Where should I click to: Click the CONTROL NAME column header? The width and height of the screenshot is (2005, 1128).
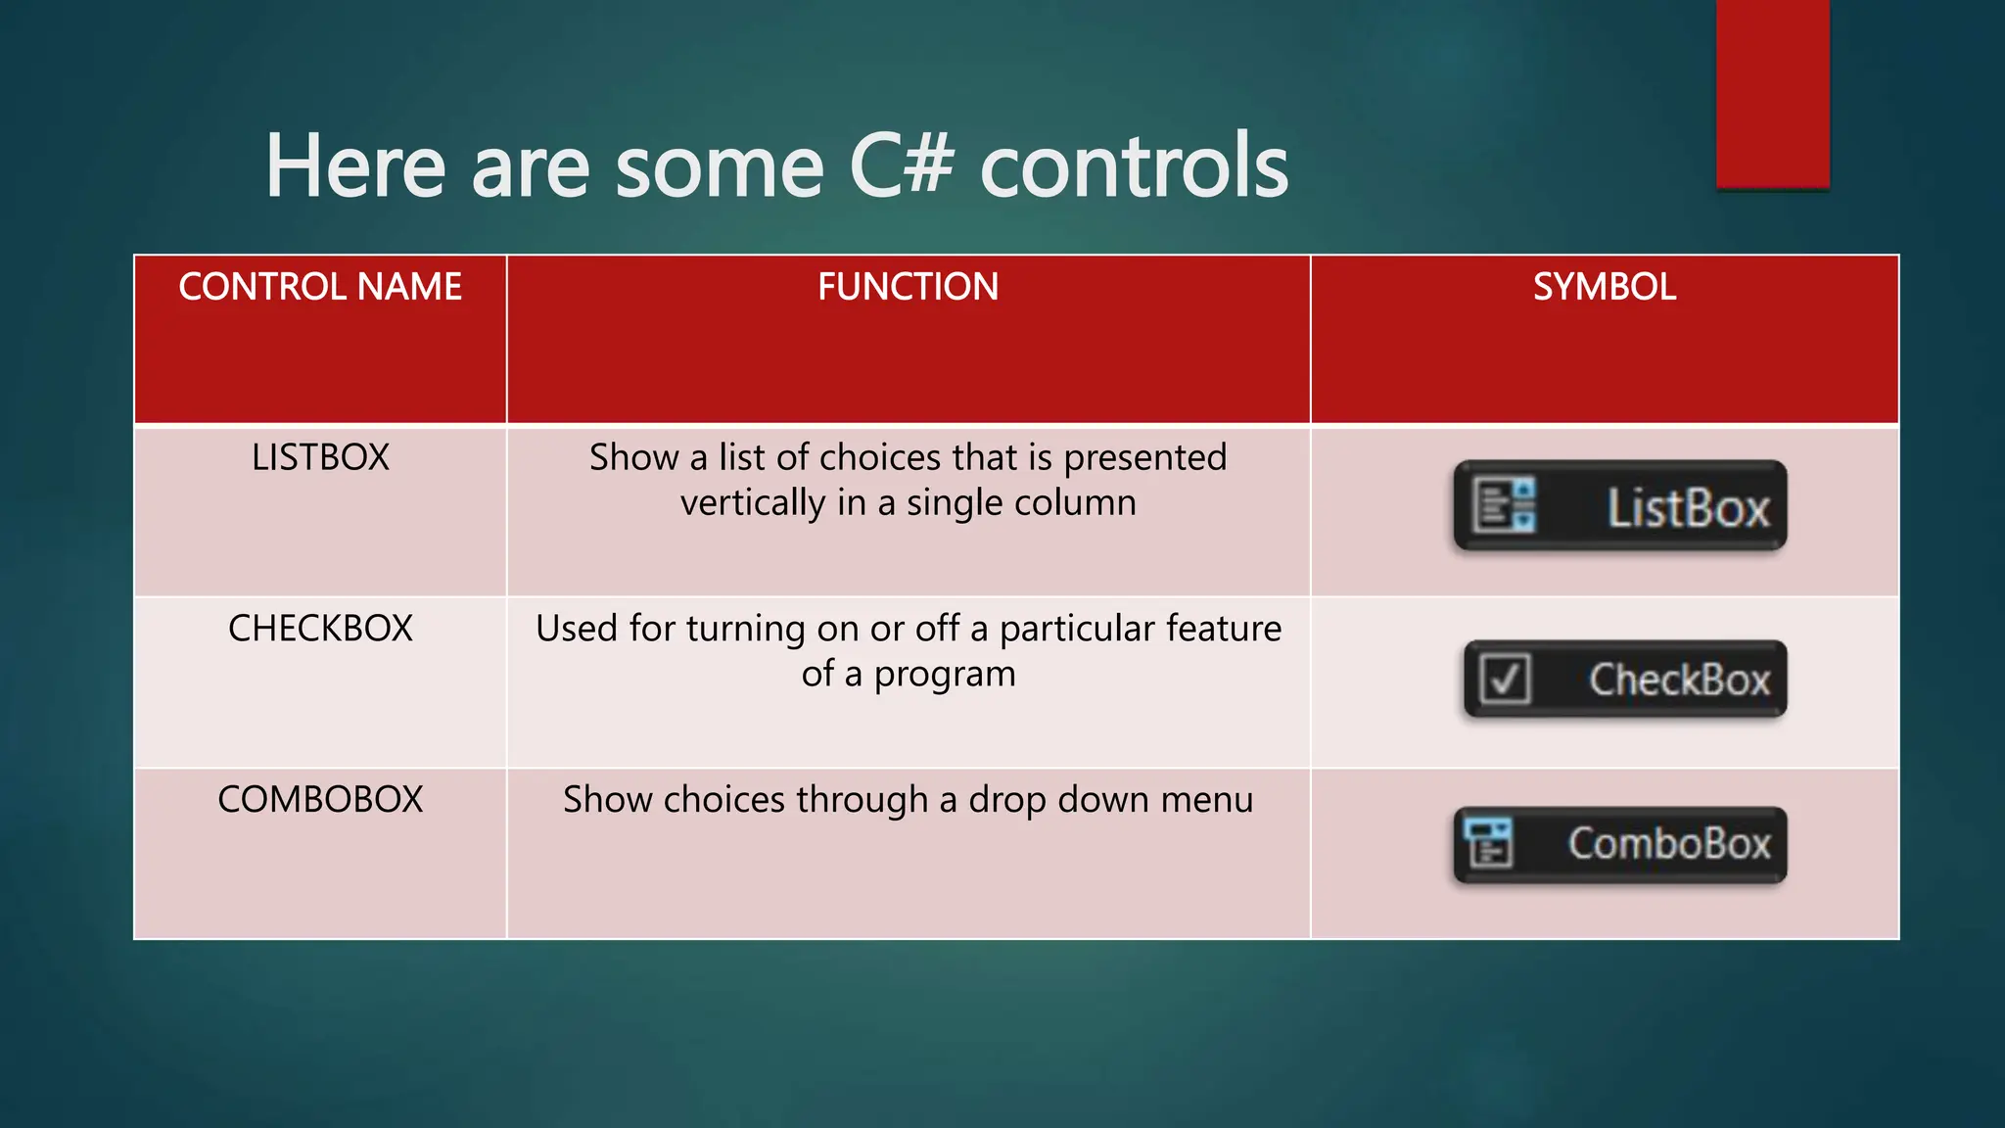320,287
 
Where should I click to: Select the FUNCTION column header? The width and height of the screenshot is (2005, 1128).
908,287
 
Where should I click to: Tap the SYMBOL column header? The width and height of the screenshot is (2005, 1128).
1604,287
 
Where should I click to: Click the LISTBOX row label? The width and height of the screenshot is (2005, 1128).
320,457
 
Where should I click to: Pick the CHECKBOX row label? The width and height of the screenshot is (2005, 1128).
320,629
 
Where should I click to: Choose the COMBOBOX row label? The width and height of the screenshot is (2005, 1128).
320,800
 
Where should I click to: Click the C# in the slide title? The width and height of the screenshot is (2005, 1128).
901,166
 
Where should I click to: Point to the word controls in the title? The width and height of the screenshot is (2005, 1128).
1134,166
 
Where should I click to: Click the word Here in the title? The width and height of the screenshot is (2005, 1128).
355,166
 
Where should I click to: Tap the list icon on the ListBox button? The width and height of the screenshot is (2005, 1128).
1505,505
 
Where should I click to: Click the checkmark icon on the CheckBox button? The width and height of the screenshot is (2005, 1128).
1505,679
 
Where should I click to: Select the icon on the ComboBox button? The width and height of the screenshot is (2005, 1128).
1489,843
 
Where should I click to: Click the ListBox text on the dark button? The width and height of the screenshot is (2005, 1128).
1688,508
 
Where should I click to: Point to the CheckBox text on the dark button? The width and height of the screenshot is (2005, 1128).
1679,680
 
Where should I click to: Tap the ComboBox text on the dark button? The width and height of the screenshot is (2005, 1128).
1669,843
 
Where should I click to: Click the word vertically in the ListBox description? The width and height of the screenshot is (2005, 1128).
753,503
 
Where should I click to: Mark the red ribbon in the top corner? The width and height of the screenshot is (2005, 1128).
1772,93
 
